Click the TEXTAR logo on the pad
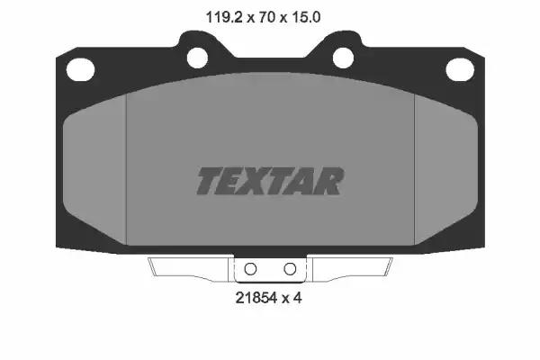(x=270, y=181)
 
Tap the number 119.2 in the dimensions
(x=224, y=17)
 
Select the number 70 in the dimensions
(x=266, y=17)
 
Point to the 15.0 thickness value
(x=306, y=17)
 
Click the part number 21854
(x=256, y=298)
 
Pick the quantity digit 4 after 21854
(x=298, y=298)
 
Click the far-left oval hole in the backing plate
(x=80, y=70)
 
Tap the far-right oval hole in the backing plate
(x=460, y=69)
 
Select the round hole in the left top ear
(x=197, y=58)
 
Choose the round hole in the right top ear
(x=343, y=58)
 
